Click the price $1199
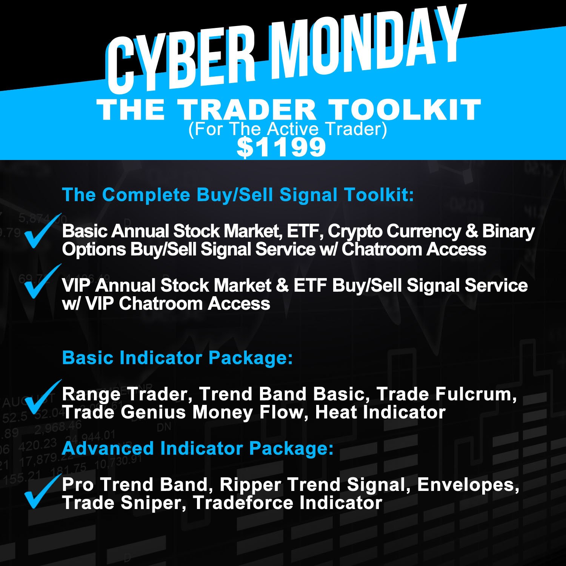tap(281, 147)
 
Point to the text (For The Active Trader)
tap(288, 129)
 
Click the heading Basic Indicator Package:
tap(177, 358)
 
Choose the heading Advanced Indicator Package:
tap(198, 449)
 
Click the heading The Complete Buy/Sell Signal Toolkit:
tap(238, 195)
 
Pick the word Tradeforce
tap(243, 503)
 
